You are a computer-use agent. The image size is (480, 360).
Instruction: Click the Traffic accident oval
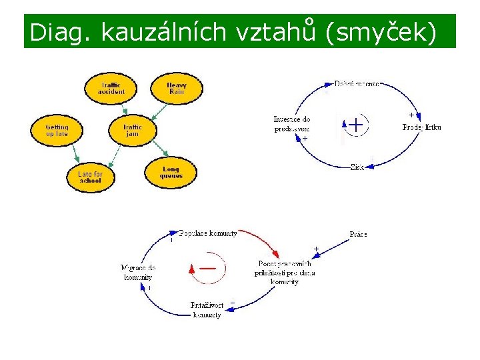(x=111, y=88)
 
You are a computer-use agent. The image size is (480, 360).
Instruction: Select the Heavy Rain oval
(x=176, y=88)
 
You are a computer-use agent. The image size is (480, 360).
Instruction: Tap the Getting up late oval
(x=57, y=130)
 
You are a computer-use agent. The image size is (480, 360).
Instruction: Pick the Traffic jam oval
(x=132, y=130)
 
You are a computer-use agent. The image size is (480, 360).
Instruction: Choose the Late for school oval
(x=90, y=177)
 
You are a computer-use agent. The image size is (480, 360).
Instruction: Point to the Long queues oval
(x=171, y=172)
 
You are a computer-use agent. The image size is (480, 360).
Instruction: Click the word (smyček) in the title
(x=380, y=32)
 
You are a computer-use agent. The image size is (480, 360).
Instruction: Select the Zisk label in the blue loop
(x=357, y=167)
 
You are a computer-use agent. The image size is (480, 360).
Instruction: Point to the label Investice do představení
(x=291, y=125)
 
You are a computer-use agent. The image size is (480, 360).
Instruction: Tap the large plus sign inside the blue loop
(x=357, y=125)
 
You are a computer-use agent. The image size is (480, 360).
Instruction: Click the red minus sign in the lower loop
(x=207, y=267)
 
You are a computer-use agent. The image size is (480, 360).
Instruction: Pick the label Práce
(x=358, y=234)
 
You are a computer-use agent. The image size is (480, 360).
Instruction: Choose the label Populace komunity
(x=208, y=233)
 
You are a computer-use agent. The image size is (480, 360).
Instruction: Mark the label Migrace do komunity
(x=138, y=272)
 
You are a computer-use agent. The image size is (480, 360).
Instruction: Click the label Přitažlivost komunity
(x=207, y=309)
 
